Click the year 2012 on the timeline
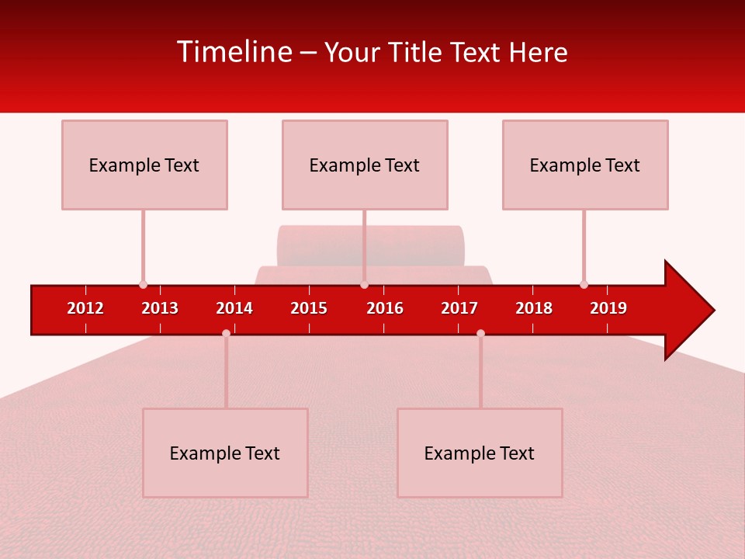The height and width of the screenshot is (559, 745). [85, 308]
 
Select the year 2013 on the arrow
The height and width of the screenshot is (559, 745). [160, 308]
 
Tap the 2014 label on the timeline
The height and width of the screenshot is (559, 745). [234, 308]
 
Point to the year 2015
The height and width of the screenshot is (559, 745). [309, 308]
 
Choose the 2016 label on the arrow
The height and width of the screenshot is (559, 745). [385, 308]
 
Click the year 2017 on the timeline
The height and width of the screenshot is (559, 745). [459, 308]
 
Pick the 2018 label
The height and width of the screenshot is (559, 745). [534, 308]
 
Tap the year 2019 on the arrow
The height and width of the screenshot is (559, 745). [608, 308]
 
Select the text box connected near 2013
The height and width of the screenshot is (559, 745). [144, 165]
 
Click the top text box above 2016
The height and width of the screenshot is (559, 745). [365, 165]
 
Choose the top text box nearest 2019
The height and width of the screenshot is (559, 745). [585, 165]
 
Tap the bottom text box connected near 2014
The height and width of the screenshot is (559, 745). [225, 453]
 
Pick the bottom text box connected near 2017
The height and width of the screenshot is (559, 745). [480, 453]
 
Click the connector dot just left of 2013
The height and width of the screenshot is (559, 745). [143, 284]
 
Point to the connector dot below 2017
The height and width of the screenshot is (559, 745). [480, 333]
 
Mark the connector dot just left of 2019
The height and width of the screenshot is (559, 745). [584, 284]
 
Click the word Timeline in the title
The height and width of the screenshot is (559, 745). [234, 52]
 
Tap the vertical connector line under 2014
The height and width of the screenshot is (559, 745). [226, 373]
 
